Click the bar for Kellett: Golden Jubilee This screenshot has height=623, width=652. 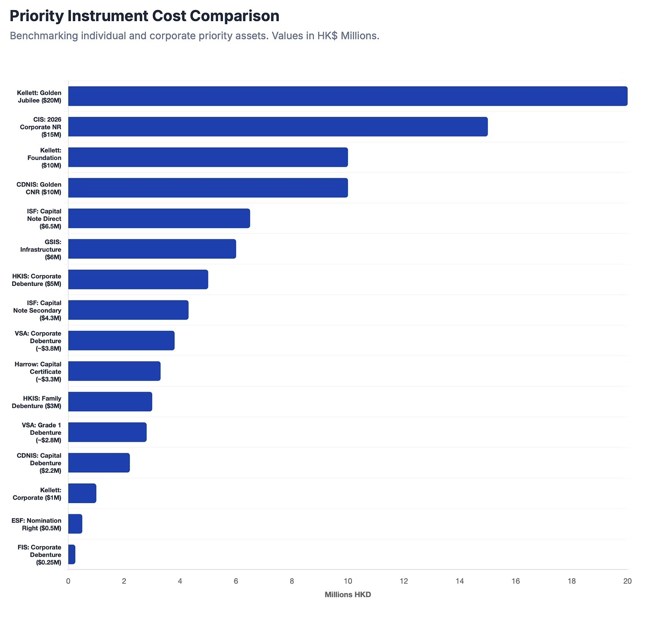click(348, 96)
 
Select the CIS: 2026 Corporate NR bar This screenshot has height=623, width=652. click(278, 127)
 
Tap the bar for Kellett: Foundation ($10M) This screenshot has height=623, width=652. click(208, 157)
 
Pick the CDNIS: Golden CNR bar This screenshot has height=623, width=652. click(208, 188)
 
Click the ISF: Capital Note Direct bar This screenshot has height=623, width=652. click(159, 219)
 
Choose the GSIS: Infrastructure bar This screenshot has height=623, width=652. click(152, 249)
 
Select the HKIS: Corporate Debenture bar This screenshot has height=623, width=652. click(138, 279)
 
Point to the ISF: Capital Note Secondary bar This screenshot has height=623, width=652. click(128, 310)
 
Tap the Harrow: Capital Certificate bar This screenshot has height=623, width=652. click(114, 371)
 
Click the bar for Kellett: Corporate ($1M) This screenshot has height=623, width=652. click(82, 493)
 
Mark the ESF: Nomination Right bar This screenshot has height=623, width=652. click(75, 524)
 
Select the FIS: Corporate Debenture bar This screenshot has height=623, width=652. click(72, 554)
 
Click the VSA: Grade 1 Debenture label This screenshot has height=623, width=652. click(41, 433)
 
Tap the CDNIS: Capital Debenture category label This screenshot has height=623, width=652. click(39, 463)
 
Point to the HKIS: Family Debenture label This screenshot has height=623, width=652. click(37, 402)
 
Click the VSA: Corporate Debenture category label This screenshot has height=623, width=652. click(38, 341)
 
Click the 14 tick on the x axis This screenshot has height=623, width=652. click(459, 581)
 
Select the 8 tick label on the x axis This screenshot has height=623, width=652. click(292, 581)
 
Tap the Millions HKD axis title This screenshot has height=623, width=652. click(348, 595)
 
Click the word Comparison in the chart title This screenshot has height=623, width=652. click(233, 16)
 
